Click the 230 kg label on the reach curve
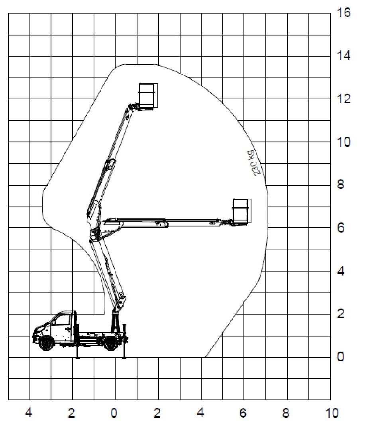tap(254, 163)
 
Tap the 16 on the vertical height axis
tap(343, 12)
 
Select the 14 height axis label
tap(343, 56)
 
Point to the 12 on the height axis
tap(343, 99)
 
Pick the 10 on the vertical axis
tap(343, 142)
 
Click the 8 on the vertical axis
tap(340, 185)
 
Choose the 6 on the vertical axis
tap(340, 228)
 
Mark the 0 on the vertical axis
tap(340, 356)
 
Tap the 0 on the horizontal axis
tap(114, 413)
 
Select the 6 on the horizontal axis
tap(243, 413)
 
